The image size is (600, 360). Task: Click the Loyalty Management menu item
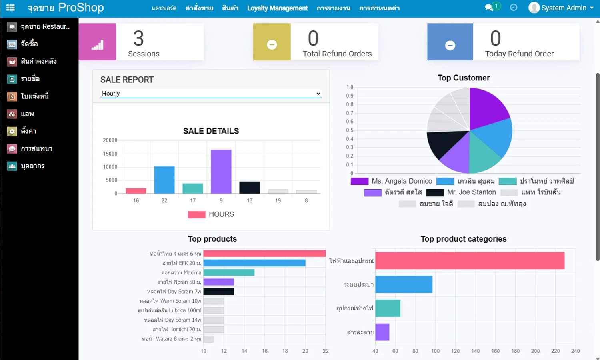click(277, 8)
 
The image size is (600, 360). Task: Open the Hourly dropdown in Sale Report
click(211, 94)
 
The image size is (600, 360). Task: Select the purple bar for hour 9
click(221, 172)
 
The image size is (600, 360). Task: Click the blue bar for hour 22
click(164, 180)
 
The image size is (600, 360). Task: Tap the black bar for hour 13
click(250, 188)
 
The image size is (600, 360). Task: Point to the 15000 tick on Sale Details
click(110, 154)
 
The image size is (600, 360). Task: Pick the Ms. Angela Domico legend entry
click(392, 181)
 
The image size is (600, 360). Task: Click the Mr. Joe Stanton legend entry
click(461, 192)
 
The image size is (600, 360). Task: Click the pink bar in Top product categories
click(470, 261)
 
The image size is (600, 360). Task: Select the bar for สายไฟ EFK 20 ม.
click(254, 263)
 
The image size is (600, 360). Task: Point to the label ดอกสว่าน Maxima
click(181, 273)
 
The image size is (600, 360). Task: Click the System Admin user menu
click(561, 8)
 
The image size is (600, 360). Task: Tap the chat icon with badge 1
click(490, 8)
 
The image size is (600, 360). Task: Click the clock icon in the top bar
click(514, 8)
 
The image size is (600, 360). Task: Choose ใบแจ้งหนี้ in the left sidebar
click(35, 96)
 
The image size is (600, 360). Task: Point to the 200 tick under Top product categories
click(535, 351)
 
